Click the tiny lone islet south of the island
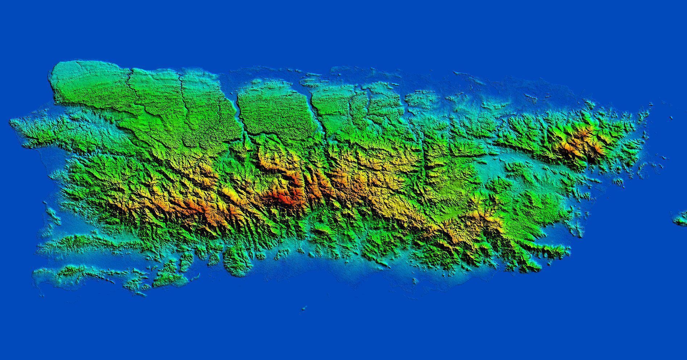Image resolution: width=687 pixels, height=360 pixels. click(x=303, y=309)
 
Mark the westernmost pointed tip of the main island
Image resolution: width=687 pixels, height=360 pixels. click(x=11, y=122)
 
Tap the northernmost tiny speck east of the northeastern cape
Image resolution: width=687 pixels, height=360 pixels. click(x=671, y=117)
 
